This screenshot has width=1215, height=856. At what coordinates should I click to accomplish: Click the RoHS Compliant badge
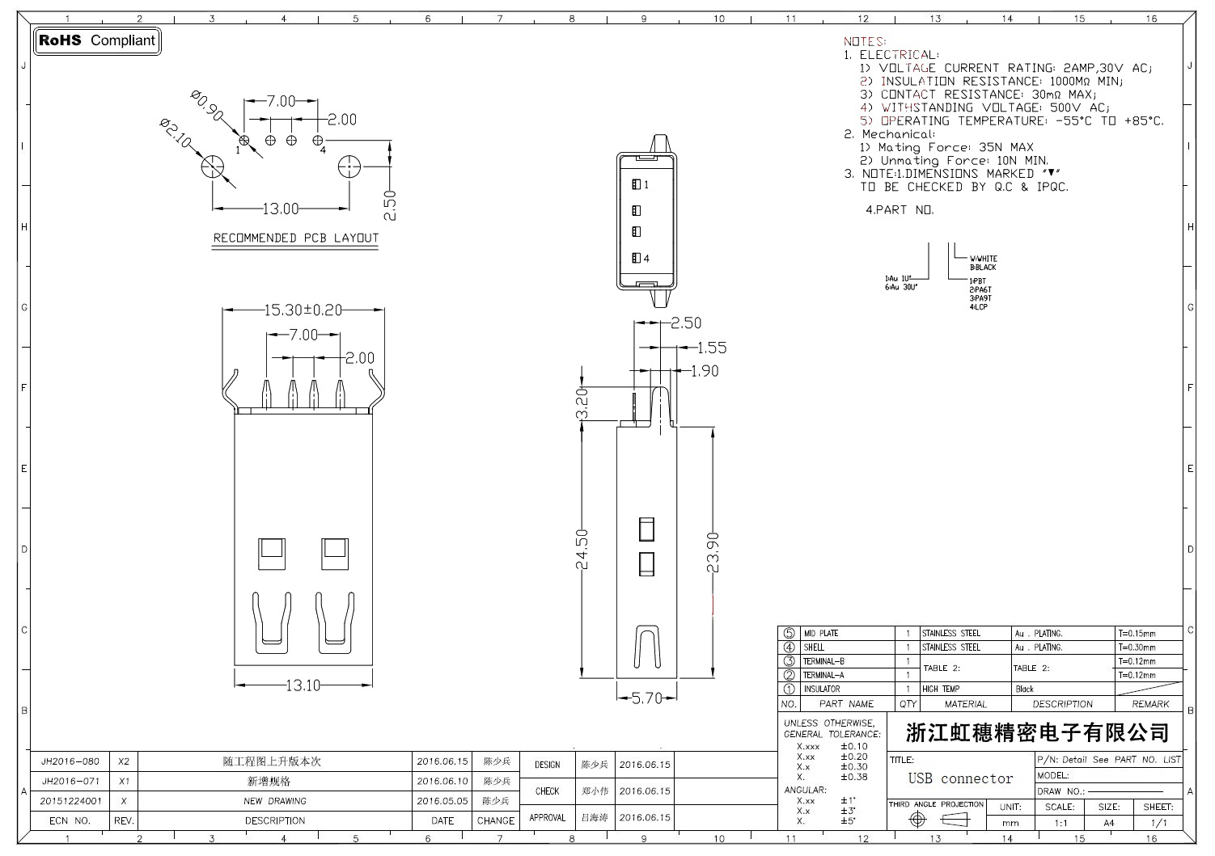click(97, 40)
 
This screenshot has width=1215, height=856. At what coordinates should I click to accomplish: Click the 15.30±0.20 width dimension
click(303, 310)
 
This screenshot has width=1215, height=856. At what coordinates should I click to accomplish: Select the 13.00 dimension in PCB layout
click(280, 209)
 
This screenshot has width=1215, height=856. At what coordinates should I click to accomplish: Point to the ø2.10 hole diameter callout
click(176, 133)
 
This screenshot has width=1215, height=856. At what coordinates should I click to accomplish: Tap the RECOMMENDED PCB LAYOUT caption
click(295, 238)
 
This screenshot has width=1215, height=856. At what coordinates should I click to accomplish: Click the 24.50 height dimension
click(582, 549)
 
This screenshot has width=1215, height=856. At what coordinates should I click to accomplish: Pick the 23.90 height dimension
click(713, 552)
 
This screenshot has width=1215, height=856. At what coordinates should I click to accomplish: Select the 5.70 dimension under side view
click(646, 698)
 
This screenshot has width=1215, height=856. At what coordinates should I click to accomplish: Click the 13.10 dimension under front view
click(303, 685)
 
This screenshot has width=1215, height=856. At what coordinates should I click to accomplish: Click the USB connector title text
click(960, 778)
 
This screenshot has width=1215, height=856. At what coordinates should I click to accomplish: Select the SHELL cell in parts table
click(814, 647)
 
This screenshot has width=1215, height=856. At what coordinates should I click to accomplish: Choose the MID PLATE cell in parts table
click(820, 634)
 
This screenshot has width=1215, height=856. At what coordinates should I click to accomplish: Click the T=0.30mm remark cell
click(1137, 647)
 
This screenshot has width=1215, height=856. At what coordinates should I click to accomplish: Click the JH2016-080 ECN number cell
click(70, 761)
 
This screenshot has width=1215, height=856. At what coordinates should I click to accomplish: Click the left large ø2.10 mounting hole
click(213, 167)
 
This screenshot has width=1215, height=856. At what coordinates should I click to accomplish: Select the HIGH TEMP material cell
click(941, 689)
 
